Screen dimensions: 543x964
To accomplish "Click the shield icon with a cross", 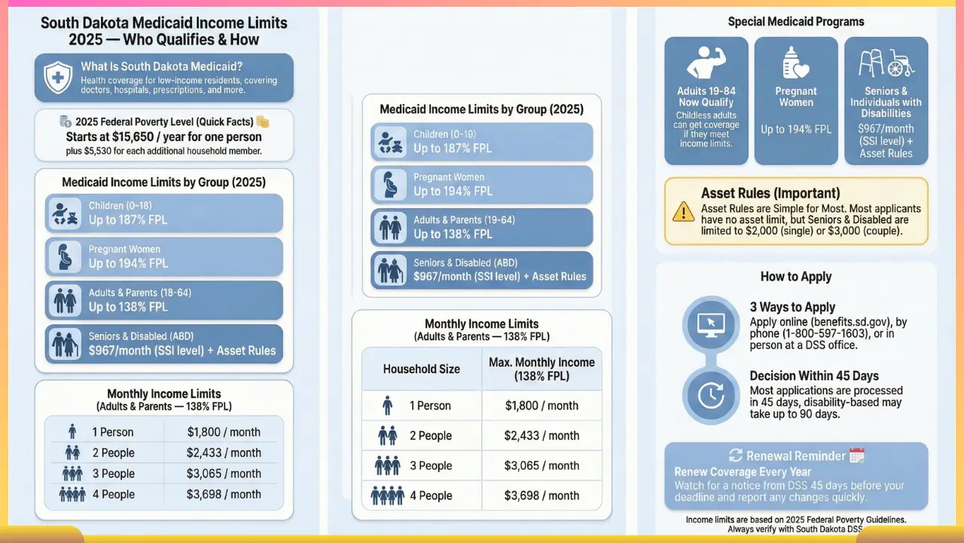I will pos(58,78).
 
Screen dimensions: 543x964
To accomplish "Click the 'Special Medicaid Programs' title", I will pos(796,22).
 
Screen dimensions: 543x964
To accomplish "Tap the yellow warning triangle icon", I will pos(683,210).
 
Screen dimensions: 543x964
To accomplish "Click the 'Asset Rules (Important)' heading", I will pos(770,194).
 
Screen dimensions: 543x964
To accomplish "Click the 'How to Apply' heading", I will pos(796,276).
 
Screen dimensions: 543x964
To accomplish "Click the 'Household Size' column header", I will pos(421,369).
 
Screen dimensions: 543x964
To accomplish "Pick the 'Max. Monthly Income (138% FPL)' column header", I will pos(541,369).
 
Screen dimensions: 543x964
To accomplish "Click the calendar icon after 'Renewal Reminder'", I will pos(856,456).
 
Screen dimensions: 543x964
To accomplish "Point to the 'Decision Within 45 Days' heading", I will pos(814,376).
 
